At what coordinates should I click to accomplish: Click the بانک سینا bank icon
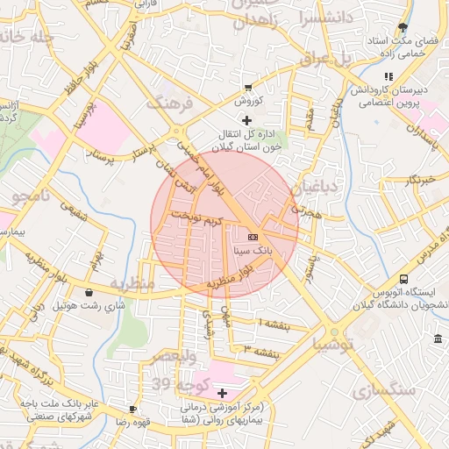(x=253, y=237)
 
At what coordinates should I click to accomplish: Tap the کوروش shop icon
(x=249, y=87)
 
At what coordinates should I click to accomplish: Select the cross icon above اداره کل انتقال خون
(x=246, y=119)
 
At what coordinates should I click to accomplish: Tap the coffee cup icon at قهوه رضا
(x=132, y=409)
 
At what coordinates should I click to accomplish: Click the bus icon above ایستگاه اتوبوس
(x=403, y=278)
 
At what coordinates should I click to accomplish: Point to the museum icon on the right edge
(x=438, y=339)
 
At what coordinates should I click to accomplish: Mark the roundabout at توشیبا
(x=334, y=332)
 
